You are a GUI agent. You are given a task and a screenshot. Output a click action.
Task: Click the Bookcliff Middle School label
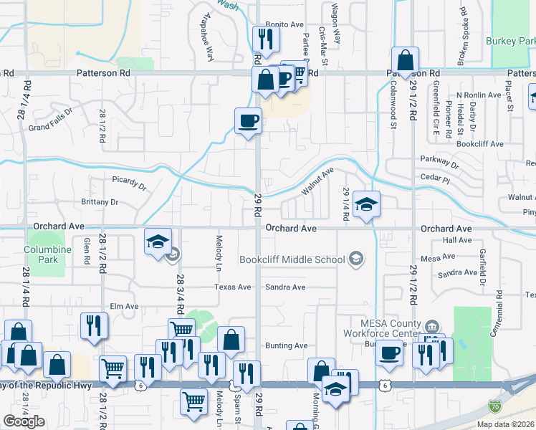coord(292,259)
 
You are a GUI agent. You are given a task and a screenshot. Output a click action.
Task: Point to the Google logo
coord(24,421)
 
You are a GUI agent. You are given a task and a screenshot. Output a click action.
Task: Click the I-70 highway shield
coord(515,406)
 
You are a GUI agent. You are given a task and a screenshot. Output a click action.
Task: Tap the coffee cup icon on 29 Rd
coord(249,120)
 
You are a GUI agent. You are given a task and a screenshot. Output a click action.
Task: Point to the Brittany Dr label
coord(100,202)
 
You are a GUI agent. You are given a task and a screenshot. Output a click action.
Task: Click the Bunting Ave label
coord(286,345)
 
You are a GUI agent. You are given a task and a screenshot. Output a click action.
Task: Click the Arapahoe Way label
coord(207,39)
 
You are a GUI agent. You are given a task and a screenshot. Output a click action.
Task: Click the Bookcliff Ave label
coord(480,144)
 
